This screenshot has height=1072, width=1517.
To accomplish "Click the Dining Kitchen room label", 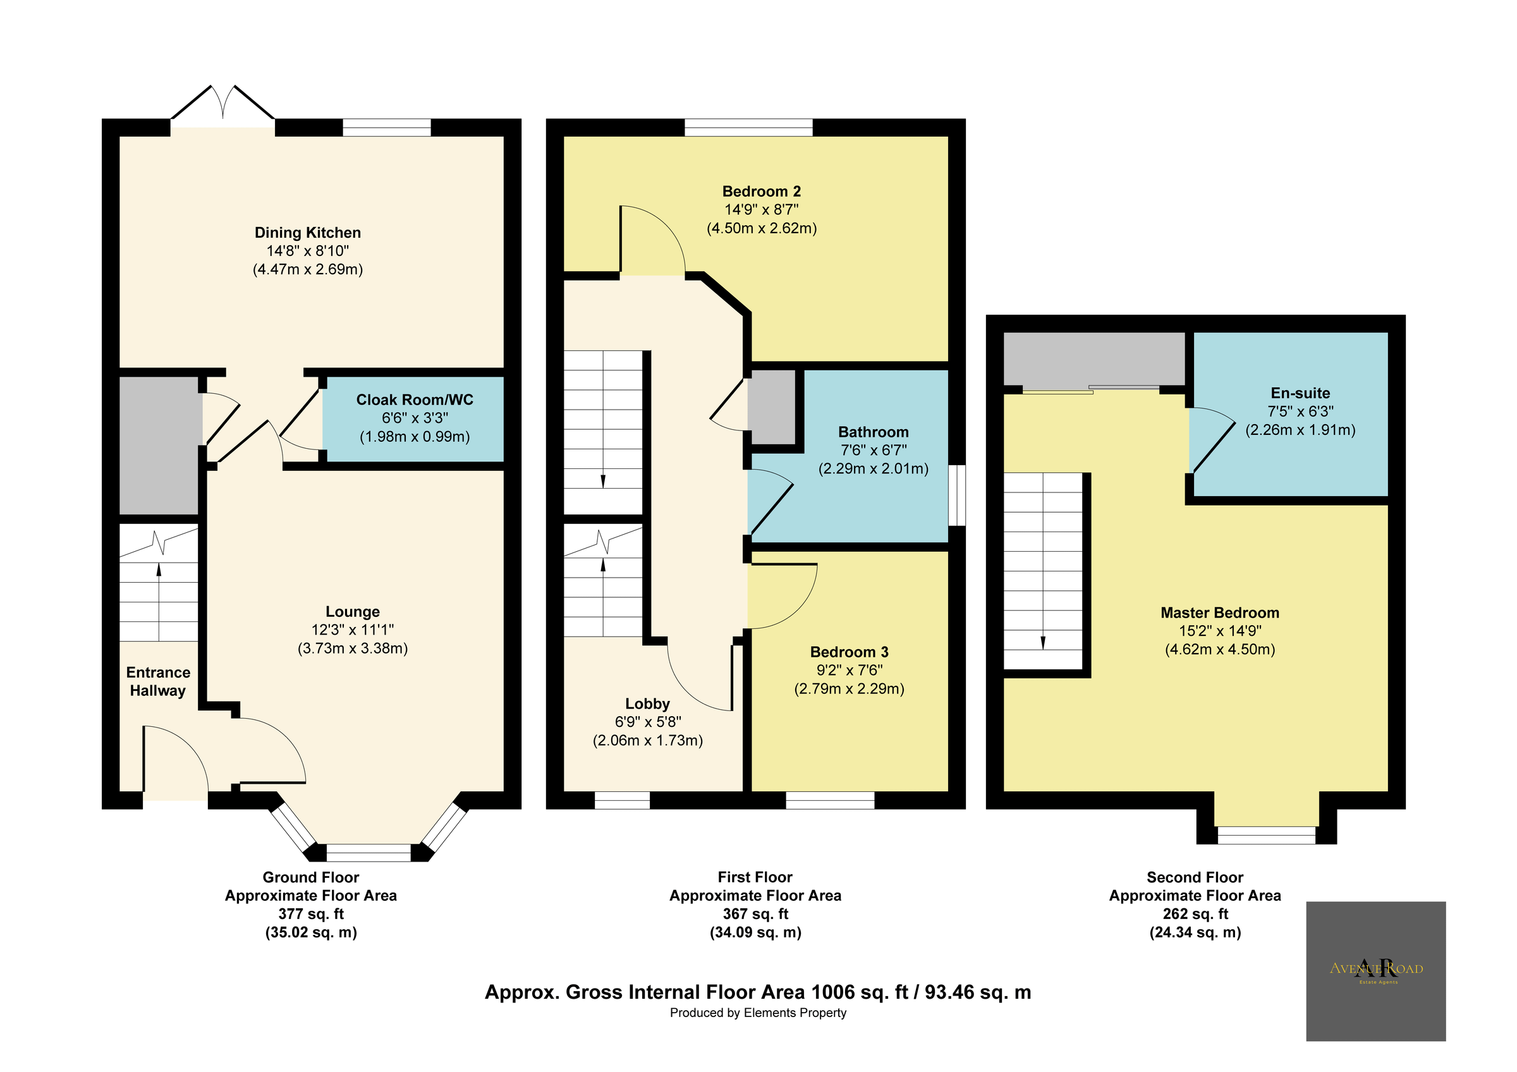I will click(x=307, y=233).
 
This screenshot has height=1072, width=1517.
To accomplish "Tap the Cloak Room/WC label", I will click(x=414, y=399).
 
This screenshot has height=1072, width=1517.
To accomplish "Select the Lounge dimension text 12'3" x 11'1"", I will click(x=352, y=630).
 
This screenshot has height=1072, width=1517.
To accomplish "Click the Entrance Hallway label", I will click(x=158, y=681).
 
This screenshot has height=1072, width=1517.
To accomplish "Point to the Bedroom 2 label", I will click(x=761, y=192).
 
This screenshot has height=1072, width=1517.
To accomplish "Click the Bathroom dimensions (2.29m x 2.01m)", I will click(x=873, y=469).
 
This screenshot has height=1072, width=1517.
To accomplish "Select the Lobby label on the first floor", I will click(x=647, y=703).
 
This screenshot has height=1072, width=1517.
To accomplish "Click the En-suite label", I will click(x=1300, y=393).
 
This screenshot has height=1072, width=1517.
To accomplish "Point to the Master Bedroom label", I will click(x=1219, y=612).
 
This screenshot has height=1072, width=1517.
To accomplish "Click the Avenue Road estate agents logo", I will click(x=1375, y=971).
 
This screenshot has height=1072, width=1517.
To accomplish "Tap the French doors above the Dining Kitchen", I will click(x=222, y=106).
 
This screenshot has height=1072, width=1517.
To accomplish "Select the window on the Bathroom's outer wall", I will click(x=957, y=496).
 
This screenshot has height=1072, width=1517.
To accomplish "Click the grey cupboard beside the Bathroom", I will click(x=772, y=407).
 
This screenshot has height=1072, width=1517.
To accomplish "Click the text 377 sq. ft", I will click(x=310, y=914).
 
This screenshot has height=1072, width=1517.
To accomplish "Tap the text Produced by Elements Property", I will click(x=757, y=1013).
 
